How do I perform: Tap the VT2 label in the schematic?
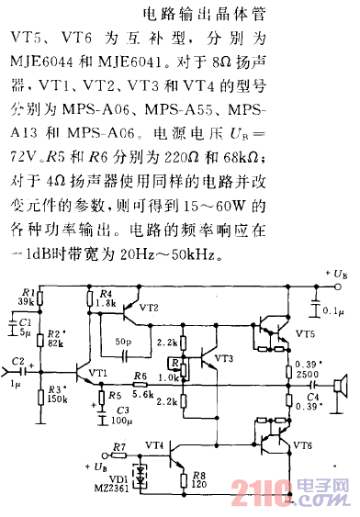[148, 308]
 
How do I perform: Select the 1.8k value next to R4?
[106, 301]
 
